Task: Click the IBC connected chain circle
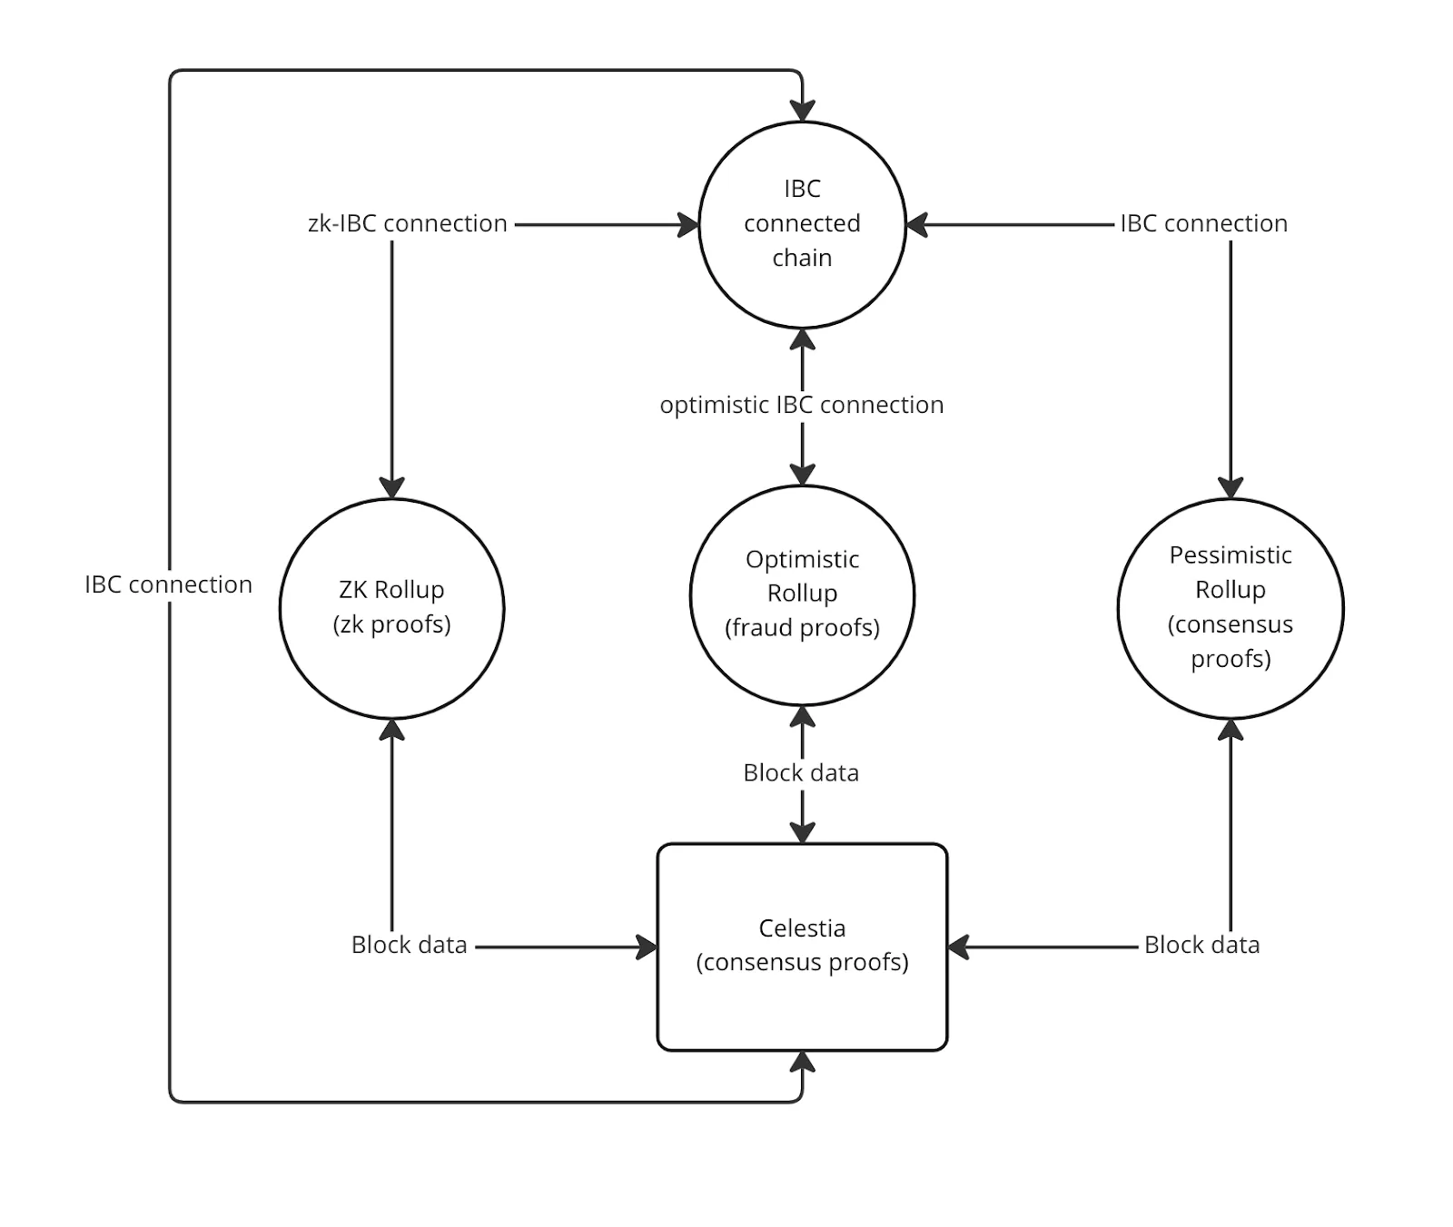[802, 224]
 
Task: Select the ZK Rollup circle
[391, 608]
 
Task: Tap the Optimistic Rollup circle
[802, 594]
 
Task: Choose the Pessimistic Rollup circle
[1231, 608]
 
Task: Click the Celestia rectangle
[802, 947]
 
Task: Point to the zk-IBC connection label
[408, 223]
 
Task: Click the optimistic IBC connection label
[802, 405]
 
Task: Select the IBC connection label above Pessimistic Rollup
[1203, 223]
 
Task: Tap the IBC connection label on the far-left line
[168, 584]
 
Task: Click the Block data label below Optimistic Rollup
[801, 773]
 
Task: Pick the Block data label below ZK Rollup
[409, 945]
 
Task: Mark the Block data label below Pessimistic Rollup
[1201, 945]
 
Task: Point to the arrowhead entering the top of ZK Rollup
[391, 487]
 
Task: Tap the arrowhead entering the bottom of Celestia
[802, 1062]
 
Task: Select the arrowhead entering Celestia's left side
[647, 947]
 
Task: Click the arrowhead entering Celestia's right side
[959, 947]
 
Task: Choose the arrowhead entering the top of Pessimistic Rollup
[1231, 487]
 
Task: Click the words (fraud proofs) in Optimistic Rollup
[802, 628]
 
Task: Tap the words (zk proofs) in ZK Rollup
[391, 624]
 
